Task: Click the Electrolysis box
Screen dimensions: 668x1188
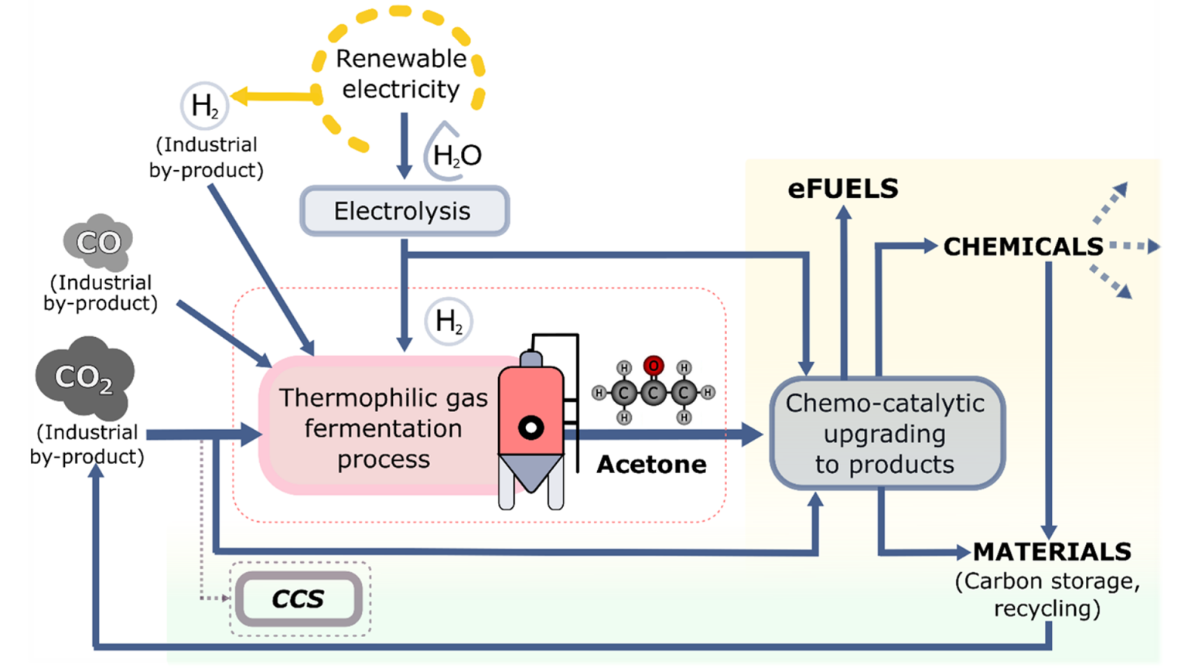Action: [404, 210]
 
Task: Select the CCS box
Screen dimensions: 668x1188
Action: [299, 598]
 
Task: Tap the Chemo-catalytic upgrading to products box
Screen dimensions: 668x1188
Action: [886, 433]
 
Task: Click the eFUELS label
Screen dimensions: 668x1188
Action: [843, 189]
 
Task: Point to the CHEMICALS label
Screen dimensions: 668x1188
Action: [1022, 247]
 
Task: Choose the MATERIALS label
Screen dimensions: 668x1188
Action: [1052, 551]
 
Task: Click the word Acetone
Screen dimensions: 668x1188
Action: [651, 464]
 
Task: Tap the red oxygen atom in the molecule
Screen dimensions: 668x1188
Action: [654, 366]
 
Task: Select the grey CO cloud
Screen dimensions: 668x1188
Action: [98, 242]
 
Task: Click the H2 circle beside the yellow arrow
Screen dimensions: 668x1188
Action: [204, 106]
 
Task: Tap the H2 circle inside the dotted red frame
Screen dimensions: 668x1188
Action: [449, 321]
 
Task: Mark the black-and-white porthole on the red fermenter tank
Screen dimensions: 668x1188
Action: [531, 428]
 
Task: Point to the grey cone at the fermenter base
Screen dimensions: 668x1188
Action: [531, 472]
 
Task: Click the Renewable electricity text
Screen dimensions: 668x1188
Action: [401, 73]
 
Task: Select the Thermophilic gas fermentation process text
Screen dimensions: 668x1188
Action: [383, 428]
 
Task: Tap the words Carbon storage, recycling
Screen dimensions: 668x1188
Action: [1047, 595]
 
